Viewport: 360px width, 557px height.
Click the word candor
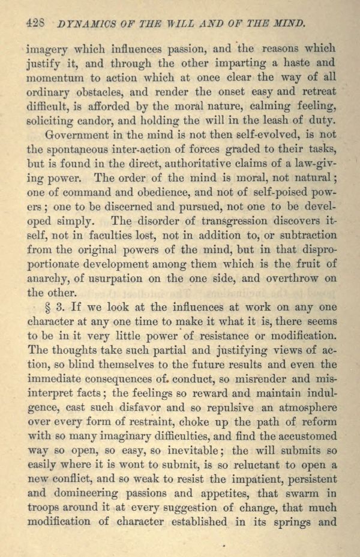(x=100, y=122)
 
